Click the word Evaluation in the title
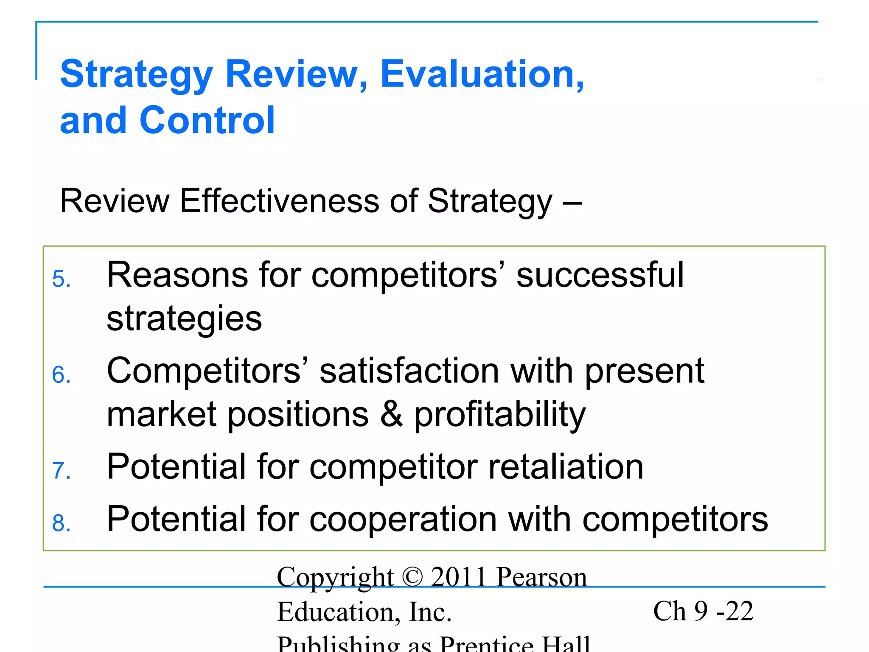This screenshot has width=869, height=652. pyautogui.click(x=482, y=74)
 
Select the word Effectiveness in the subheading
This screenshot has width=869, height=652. pyautogui.click(x=279, y=201)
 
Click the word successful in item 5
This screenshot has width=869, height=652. pyautogui.click(x=600, y=275)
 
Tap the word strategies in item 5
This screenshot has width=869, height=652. pyautogui.click(x=184, y=319)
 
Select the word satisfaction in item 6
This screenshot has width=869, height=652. pyautogui.click(x=409, y=371)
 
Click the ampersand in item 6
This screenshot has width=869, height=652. pyautogui.click(x=391, y=414)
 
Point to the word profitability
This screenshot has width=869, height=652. pyautogui.click(x=499, y=415)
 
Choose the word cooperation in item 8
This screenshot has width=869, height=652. pyautogui.click(x=403, y=520)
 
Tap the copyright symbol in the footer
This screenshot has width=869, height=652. pyautogui.click(x=412, y=577)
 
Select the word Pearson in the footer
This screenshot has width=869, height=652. pyautogui.click(x=541, y=577)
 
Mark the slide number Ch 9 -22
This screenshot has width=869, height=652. pyautogui.click(x=703, y=611)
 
